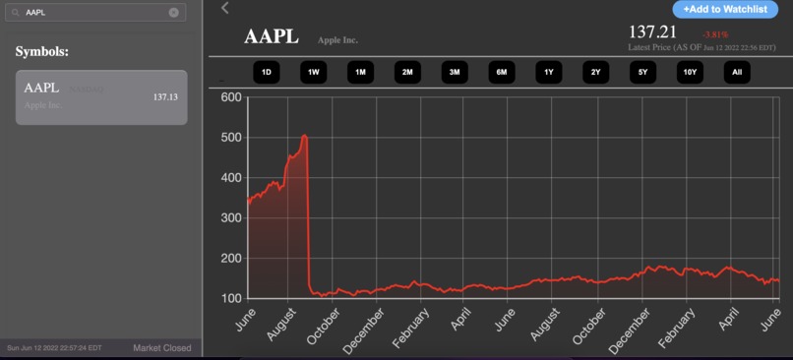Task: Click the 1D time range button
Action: click(x=266, y=72)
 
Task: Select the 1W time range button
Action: click(x=313, y=72)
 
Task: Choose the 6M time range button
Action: click(x=501, y=72)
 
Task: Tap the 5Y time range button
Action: click(x=642, y=72)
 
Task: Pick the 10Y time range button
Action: click(x=690, y=72)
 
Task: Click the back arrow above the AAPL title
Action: click(x=224, y=8)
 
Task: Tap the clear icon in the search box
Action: click(x=174, y=13)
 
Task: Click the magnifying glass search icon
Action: click(x=15, y=13)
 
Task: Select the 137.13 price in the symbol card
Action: click(x=166, y=97)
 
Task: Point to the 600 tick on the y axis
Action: click(x=230, y=96)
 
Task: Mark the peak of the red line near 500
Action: click(x=305, y=136)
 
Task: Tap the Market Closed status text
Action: click(x=162, y=348)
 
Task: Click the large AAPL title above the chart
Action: click(x=271, y=37)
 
